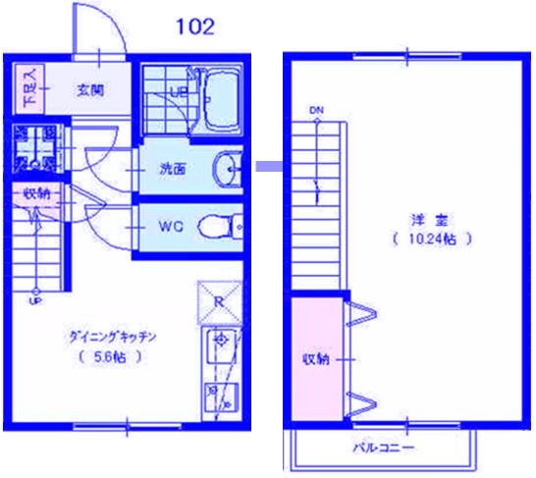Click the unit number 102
tap(194, 27)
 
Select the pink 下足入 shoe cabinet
tap(28, 87)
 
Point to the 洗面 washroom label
tap(173, 168)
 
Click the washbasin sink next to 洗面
tap(227, 169)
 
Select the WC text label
tap(172, 227)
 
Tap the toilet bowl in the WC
tap(217, 228)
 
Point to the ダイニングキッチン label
tap(113, 336)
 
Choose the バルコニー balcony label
tap(384, 448)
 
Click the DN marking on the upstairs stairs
tap(316, 110)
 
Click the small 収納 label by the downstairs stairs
tap(37, 193)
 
